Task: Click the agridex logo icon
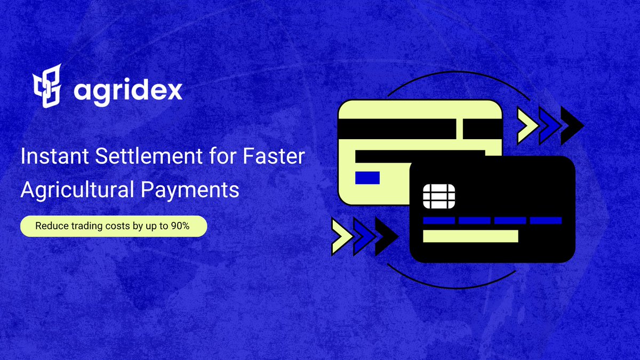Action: [47, 86]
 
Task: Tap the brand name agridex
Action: [128, 91]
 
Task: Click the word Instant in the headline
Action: [54, 156]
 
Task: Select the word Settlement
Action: [149, 156]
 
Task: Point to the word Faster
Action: [274, 156]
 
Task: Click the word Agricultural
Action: [77, 190]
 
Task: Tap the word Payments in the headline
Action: [190, 190]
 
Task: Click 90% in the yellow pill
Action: [180, 226]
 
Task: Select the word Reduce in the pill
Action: [52, 226]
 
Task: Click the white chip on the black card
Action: [439, 197]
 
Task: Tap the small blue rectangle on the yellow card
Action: [367, 178]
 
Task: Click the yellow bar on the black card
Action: [470, 236]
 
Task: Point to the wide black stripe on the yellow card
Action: [397, 129]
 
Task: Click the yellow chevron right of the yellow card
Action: [527, 125]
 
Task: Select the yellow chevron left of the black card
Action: [342, 236]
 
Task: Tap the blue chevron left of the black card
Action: [364, 236]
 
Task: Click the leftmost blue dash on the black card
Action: [439, 221]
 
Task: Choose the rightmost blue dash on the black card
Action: [546, 221]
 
